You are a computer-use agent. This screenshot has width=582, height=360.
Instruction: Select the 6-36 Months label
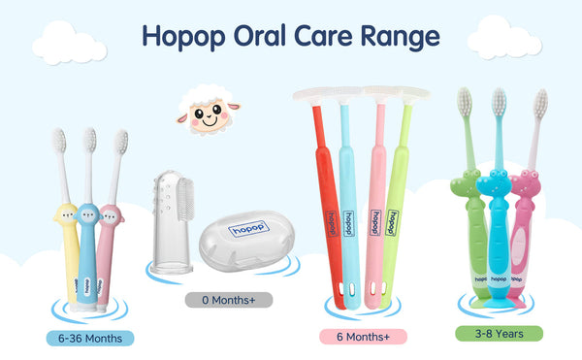point(89,339)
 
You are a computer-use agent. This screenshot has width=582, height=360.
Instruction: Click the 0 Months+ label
point(229,300)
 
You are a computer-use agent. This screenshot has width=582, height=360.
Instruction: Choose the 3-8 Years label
point(499,333)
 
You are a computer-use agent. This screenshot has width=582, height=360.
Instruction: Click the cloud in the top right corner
point(503,37)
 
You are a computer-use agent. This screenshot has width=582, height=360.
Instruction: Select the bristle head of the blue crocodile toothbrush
point(499,101)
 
